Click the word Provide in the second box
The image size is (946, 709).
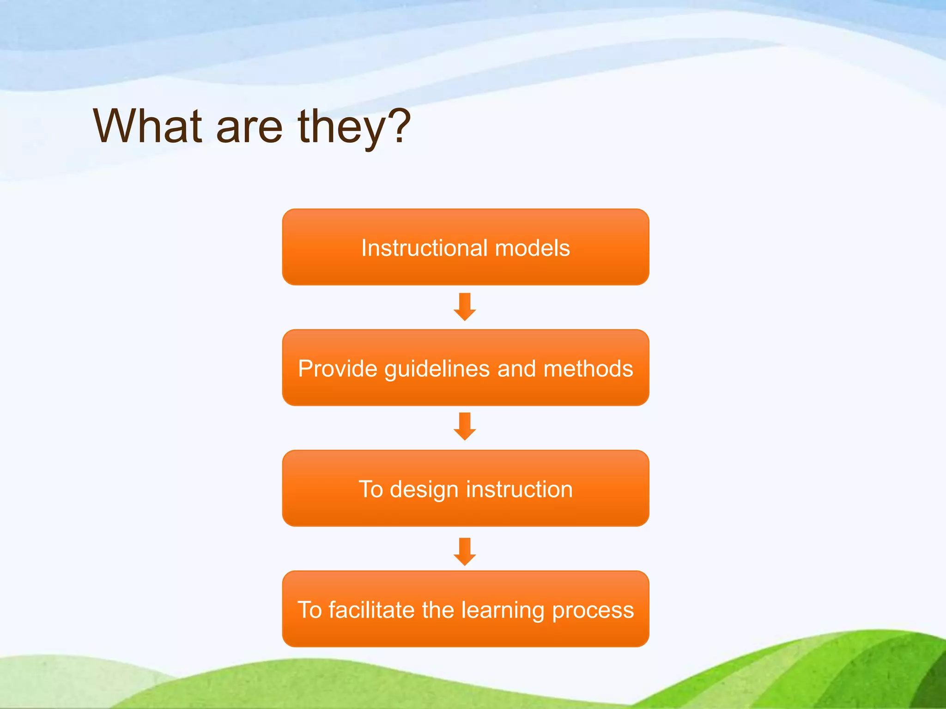click(x=338, y=369)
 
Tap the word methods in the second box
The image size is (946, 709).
click(x=588, y=369)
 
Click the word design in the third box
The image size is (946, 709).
click(x=424, y=489)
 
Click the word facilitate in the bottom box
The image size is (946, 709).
click(x=371, y=610)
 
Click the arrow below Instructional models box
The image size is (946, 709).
click(x=465, y=307)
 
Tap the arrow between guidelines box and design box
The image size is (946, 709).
click(x=465, y=427)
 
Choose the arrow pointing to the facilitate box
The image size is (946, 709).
click(x=465, y=552)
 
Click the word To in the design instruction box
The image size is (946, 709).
click(x=370, y=489)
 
